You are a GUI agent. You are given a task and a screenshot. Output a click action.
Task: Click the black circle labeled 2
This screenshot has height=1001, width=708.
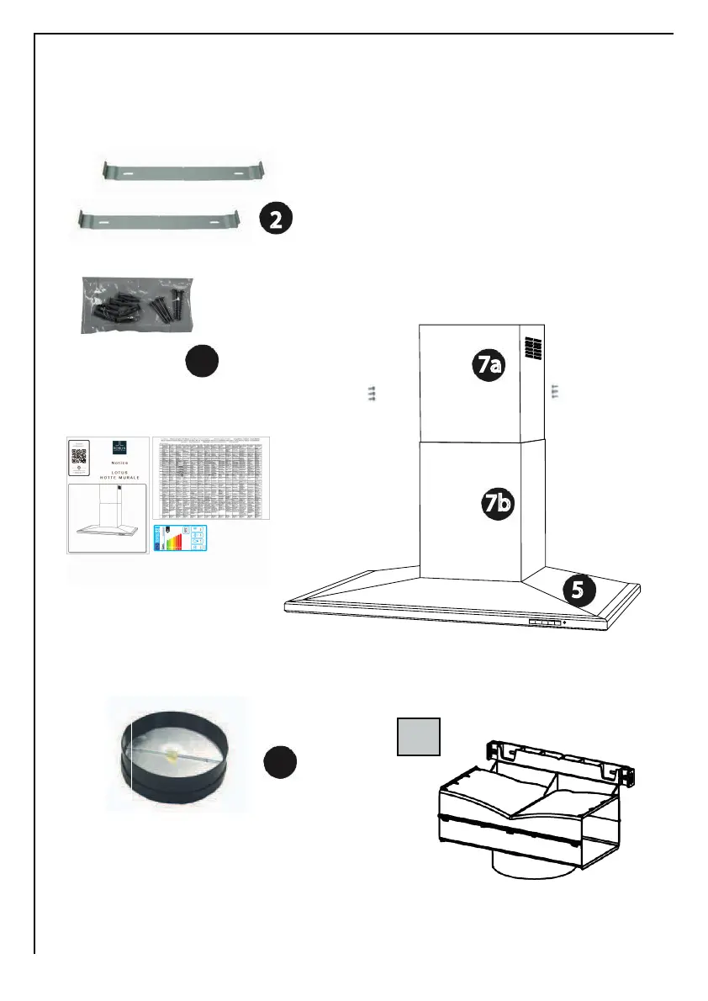[275, 220]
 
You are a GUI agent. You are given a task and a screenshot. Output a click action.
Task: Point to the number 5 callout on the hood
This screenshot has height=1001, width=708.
[577, 591]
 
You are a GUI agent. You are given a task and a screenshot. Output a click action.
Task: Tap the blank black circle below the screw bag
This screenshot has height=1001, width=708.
[203, 362]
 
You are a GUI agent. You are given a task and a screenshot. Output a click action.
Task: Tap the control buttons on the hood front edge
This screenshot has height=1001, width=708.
[544, 623]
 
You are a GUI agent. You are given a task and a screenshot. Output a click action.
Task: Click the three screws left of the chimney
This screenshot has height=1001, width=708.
[371, 391]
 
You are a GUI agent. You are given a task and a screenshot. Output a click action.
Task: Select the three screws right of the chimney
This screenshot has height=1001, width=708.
[554, 390]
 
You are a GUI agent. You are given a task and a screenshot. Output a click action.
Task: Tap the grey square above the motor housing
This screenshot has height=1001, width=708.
[419, 738]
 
